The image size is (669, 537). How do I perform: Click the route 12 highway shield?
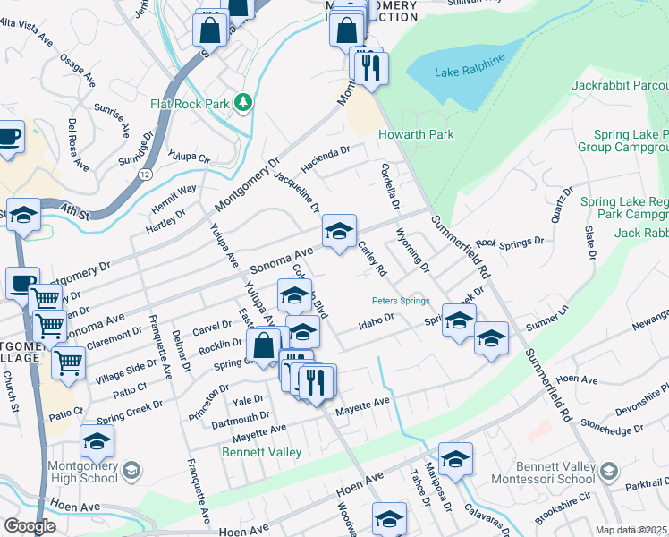point(144,174)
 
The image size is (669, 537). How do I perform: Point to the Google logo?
point(29,526)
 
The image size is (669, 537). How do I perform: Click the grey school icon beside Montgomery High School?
point(131,471)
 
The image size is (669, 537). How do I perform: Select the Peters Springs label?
point(402,301)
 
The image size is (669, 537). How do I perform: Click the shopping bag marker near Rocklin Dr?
point(265,345)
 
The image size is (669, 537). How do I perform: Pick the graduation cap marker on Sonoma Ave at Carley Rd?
point(339,232)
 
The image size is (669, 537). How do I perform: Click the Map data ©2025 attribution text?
point(631,530)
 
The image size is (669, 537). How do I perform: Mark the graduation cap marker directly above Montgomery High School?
point(97,441)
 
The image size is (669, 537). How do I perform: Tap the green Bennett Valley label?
point(261,453)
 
